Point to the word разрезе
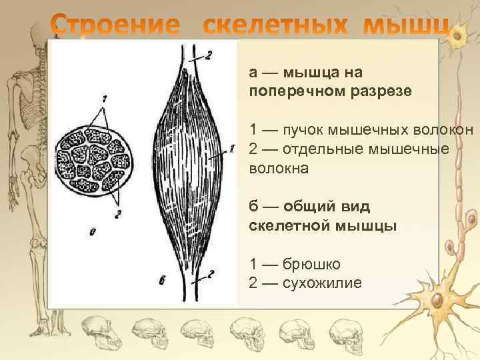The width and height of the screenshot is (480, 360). pos(380,90)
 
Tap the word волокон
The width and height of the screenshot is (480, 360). pos(440,129)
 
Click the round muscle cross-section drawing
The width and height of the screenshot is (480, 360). pos(93,159)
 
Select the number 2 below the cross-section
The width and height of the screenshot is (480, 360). pos(117,215)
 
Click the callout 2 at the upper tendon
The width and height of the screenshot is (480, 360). pos(209,56)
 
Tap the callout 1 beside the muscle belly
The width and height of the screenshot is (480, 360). pos(231,149)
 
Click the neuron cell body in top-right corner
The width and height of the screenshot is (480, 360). pos(458,38)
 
